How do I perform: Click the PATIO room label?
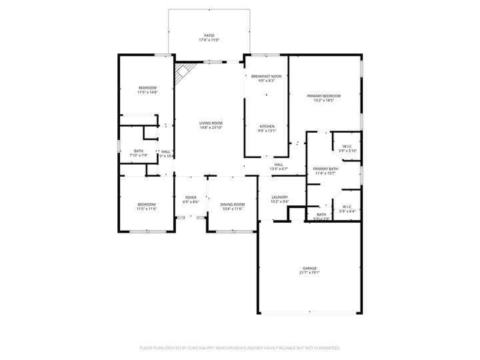click(209, 35)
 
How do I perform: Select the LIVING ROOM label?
click(211, 123)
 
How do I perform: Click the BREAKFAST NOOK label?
click(266, 76)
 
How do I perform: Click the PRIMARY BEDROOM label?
click(323, 96)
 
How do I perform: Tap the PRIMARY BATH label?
click(325, 169)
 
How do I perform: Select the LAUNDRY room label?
click(279, 197)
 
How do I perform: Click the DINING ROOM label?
click(232, 204)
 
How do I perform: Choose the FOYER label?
click(191, 197)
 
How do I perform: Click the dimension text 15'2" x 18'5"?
click(323, 101)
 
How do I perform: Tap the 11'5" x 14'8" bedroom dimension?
click(147, 93)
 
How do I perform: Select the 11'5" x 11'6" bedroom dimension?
click(147, 209)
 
